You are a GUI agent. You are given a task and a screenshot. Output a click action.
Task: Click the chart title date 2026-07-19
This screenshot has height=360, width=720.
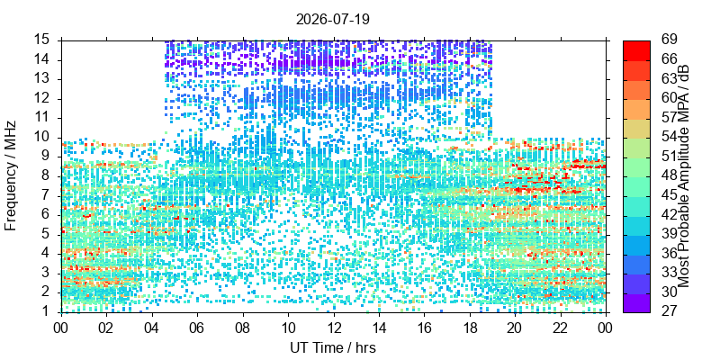[332, 19]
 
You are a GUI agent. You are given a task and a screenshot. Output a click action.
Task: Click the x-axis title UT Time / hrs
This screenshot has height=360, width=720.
[332, 348]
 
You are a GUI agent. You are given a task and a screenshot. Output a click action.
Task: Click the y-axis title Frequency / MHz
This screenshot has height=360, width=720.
[11, 175]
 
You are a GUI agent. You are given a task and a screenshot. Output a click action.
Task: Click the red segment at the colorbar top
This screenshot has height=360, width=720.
[636, 50]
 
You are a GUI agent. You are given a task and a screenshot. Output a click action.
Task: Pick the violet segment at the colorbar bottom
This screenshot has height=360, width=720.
[636, 302]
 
